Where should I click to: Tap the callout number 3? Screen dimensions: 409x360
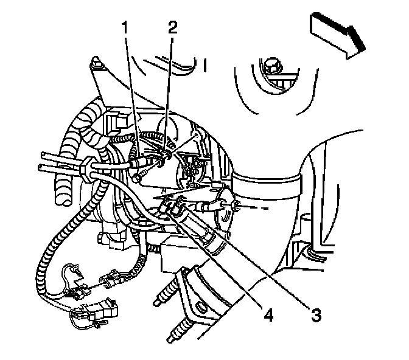point(316,314)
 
